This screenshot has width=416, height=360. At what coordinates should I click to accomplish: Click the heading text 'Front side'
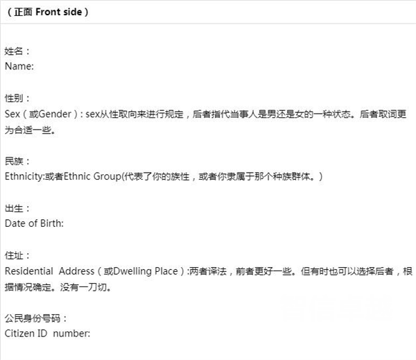click(59, 12)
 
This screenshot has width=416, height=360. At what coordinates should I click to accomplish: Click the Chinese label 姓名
click(14, 51)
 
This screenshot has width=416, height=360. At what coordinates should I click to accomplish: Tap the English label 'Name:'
click(19, 66)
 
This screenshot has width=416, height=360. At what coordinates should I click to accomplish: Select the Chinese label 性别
click(14, 98)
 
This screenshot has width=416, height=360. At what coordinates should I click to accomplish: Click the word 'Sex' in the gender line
click(12, 114)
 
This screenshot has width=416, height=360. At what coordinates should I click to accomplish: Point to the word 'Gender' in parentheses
click(55, 114)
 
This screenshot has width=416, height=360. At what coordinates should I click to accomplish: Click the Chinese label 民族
click(14, 161)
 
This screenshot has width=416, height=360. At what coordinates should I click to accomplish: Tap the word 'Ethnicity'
click(24, 176)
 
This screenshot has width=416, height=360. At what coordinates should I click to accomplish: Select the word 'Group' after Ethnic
click(107, 176)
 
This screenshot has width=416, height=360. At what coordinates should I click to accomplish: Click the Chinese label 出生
click(14, 208)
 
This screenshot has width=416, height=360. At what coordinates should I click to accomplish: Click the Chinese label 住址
click(14, 255)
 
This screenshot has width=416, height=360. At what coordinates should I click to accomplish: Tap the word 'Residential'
click(29, 271)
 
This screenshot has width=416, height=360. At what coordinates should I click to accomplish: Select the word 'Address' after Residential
click(76, 271)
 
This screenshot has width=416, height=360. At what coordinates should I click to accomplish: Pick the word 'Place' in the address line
click(166, 271)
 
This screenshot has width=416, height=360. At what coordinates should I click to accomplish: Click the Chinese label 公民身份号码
click(33, 318)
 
